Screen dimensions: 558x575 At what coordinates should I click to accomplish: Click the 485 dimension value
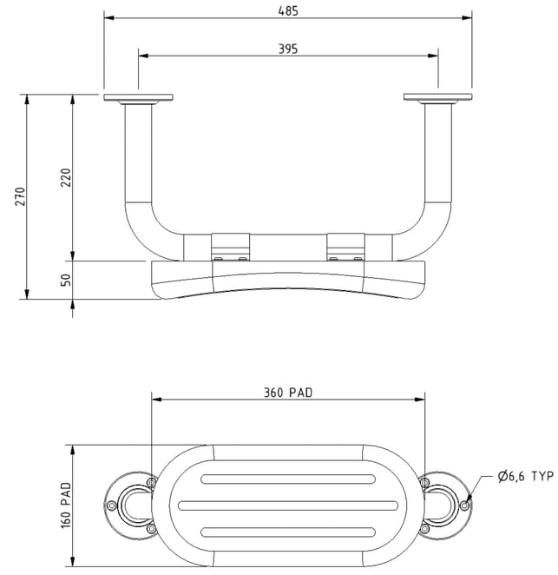tap(288, 11)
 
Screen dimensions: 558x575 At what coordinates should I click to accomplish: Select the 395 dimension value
tap(288, 49)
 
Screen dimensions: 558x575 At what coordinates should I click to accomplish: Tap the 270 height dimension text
tap(21, 196)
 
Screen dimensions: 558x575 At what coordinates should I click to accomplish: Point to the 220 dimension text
tap(66, 177)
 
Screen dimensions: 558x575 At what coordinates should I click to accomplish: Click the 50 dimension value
tap(66, 281)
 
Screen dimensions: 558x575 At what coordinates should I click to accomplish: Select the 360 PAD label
tap(288, 393)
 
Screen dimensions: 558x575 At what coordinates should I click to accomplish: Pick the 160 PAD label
tap(66, 506)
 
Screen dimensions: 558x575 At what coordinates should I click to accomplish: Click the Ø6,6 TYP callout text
tap(526, 476)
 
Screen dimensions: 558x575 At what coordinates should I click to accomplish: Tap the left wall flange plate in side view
tap(138, 97)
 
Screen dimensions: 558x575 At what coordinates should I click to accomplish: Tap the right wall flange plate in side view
tap(438, 96)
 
